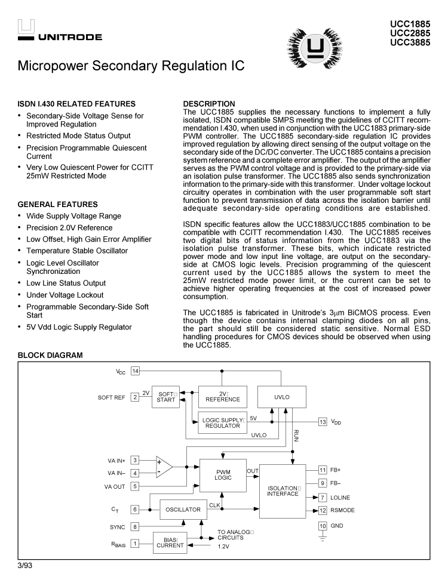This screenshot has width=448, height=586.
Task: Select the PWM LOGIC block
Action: pos(223,475)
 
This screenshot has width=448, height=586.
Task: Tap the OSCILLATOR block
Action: pos(183,510)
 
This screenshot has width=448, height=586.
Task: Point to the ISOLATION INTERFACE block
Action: pos(283,491)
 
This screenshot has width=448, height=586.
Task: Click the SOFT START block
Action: pos(166,397)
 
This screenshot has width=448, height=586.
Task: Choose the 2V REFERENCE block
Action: pos(222,396)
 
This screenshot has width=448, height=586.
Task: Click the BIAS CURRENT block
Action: pos(170,542)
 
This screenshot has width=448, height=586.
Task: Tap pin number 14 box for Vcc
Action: pos(136,371)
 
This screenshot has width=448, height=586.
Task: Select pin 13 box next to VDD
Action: pos(323,422)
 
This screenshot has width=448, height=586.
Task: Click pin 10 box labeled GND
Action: pos(323,526)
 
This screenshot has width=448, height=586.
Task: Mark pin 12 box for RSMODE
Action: pos(323,510)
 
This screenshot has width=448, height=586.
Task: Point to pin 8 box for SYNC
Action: pos(136,526)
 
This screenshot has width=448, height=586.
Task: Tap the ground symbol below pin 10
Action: pos(323,539)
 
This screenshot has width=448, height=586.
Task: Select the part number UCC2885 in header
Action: pos(410,33)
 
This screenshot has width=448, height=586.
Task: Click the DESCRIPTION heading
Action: pos(209,104)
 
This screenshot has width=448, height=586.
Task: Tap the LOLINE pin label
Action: pos(340,498)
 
